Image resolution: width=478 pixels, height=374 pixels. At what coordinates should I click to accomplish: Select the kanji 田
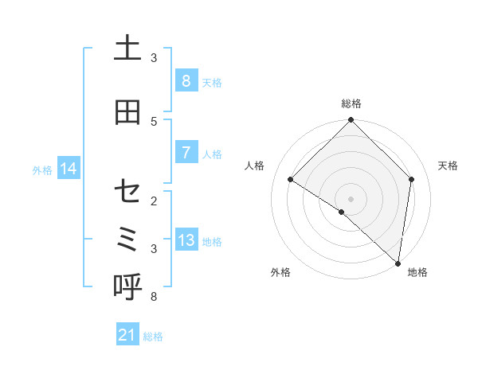(127, 112)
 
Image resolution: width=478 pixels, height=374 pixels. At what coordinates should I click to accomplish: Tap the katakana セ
(127, 192)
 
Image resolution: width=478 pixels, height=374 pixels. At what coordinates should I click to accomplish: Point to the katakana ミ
(127, 239)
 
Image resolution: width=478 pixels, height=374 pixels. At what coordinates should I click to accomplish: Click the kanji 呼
(127, 287)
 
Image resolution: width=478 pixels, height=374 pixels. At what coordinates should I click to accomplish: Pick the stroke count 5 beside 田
(154, 121)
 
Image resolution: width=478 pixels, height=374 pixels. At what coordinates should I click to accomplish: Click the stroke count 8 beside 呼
(154, 297)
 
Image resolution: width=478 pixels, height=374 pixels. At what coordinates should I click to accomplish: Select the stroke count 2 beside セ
(154, 201)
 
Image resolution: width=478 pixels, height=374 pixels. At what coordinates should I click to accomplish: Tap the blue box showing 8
(186, 80)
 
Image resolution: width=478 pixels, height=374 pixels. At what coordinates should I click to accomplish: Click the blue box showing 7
(186, 153)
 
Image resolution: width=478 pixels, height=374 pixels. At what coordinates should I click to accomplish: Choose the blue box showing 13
(186, 240)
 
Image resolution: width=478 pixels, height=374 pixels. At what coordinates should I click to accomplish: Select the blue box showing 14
(69, 169)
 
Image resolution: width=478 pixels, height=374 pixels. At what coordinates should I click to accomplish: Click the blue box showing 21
(127, 335)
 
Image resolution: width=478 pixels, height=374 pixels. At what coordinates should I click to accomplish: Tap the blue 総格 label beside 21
(153, 337)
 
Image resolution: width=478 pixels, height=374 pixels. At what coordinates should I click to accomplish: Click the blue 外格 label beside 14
(42, 169)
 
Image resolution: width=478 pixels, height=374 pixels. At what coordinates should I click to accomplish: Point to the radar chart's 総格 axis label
(351, 103)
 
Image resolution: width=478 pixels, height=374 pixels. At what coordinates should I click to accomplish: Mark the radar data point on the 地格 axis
(398, 263)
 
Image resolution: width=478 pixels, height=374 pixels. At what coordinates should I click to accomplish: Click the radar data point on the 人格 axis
(291, 180)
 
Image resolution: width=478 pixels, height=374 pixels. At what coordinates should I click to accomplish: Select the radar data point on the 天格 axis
(411, 179)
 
